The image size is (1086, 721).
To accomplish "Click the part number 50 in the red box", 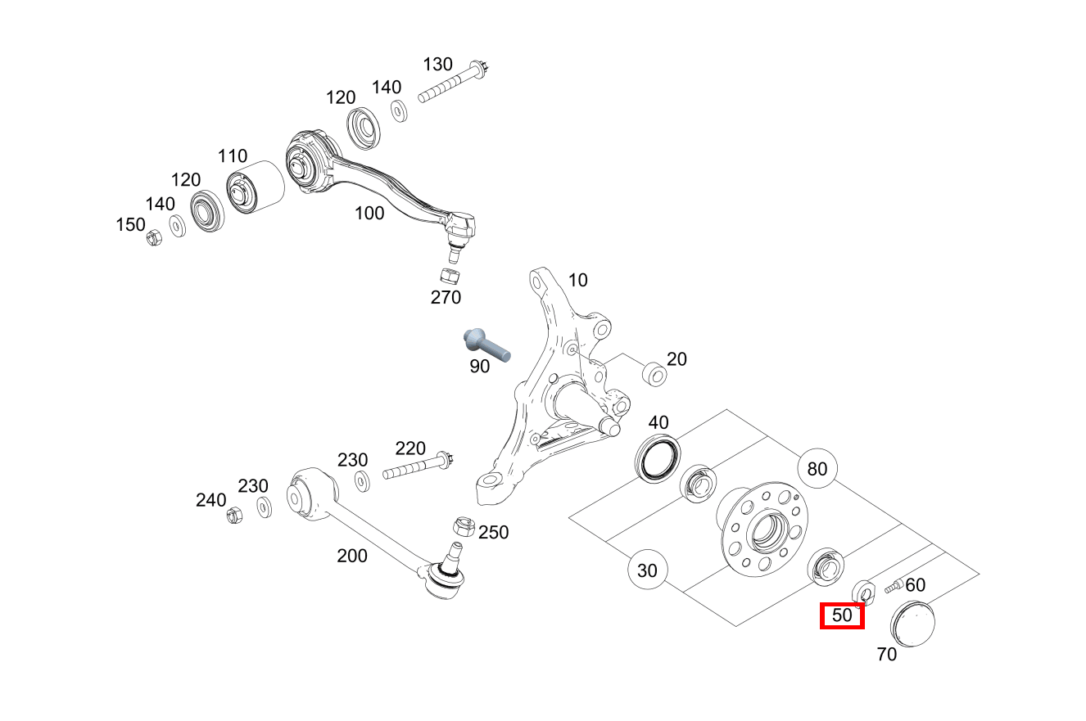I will (842, 615).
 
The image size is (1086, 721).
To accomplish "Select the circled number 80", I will (817, 469).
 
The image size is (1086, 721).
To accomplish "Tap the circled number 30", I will (647, 570).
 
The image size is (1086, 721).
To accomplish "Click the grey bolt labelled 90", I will (485, 344).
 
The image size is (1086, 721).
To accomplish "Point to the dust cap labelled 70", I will (912, 624).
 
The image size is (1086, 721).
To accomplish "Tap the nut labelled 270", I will (449, 275).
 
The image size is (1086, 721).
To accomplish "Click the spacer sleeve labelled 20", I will (654, 375).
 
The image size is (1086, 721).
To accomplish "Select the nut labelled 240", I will (233, 516).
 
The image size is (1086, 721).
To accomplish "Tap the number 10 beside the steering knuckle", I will (577, 281).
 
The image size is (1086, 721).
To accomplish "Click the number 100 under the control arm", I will (369, 214).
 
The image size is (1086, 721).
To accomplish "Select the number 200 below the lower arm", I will (352, 556).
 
